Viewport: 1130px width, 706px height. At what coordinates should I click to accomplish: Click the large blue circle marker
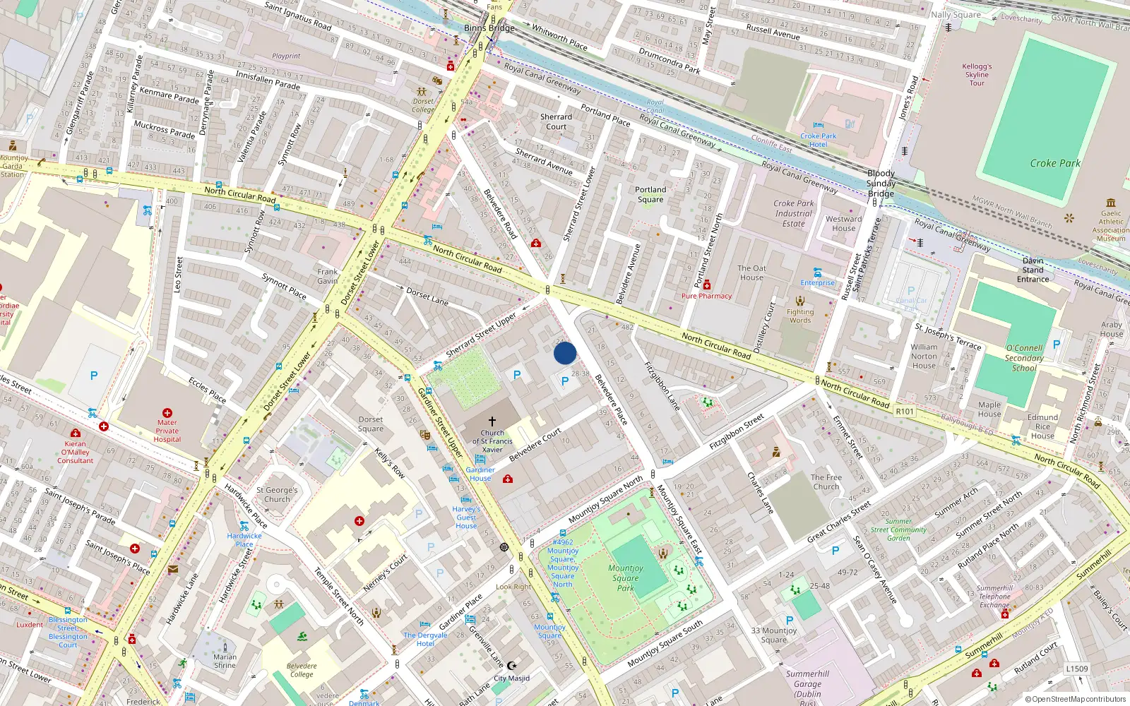[564, 353]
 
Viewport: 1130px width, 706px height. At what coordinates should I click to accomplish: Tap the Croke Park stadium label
[1054, 163]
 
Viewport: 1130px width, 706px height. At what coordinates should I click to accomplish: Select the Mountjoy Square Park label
[626, 578]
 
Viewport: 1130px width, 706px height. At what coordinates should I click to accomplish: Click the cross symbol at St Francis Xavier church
[492, 421]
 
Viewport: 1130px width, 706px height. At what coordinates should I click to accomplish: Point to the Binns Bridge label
[489, 28]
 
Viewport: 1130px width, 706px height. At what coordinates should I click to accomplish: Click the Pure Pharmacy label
[706, 296]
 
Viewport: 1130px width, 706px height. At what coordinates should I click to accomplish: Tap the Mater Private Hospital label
[167, 431]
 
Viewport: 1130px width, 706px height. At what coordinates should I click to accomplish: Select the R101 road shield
[904, 412]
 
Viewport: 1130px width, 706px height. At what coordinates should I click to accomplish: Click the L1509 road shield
[1076, 669]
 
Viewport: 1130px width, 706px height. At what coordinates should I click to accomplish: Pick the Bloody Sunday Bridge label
[881, 183]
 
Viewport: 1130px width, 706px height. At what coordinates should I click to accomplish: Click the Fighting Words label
[799, 316]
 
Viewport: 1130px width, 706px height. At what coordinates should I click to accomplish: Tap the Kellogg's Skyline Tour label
[977, 74]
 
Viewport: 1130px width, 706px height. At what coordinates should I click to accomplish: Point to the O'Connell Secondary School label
[1024, 358]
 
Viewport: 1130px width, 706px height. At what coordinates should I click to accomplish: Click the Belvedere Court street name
[535, 444]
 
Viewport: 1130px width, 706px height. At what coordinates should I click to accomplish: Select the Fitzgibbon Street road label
[737, 432]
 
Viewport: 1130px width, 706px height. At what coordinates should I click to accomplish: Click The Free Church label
[826, 481]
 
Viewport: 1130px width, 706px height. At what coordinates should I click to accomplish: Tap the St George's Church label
[277, 494]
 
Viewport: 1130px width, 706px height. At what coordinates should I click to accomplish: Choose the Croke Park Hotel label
[818, 140]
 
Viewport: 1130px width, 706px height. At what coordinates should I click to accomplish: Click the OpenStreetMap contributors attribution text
[1075, 699]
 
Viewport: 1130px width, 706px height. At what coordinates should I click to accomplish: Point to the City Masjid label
[511, 678]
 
